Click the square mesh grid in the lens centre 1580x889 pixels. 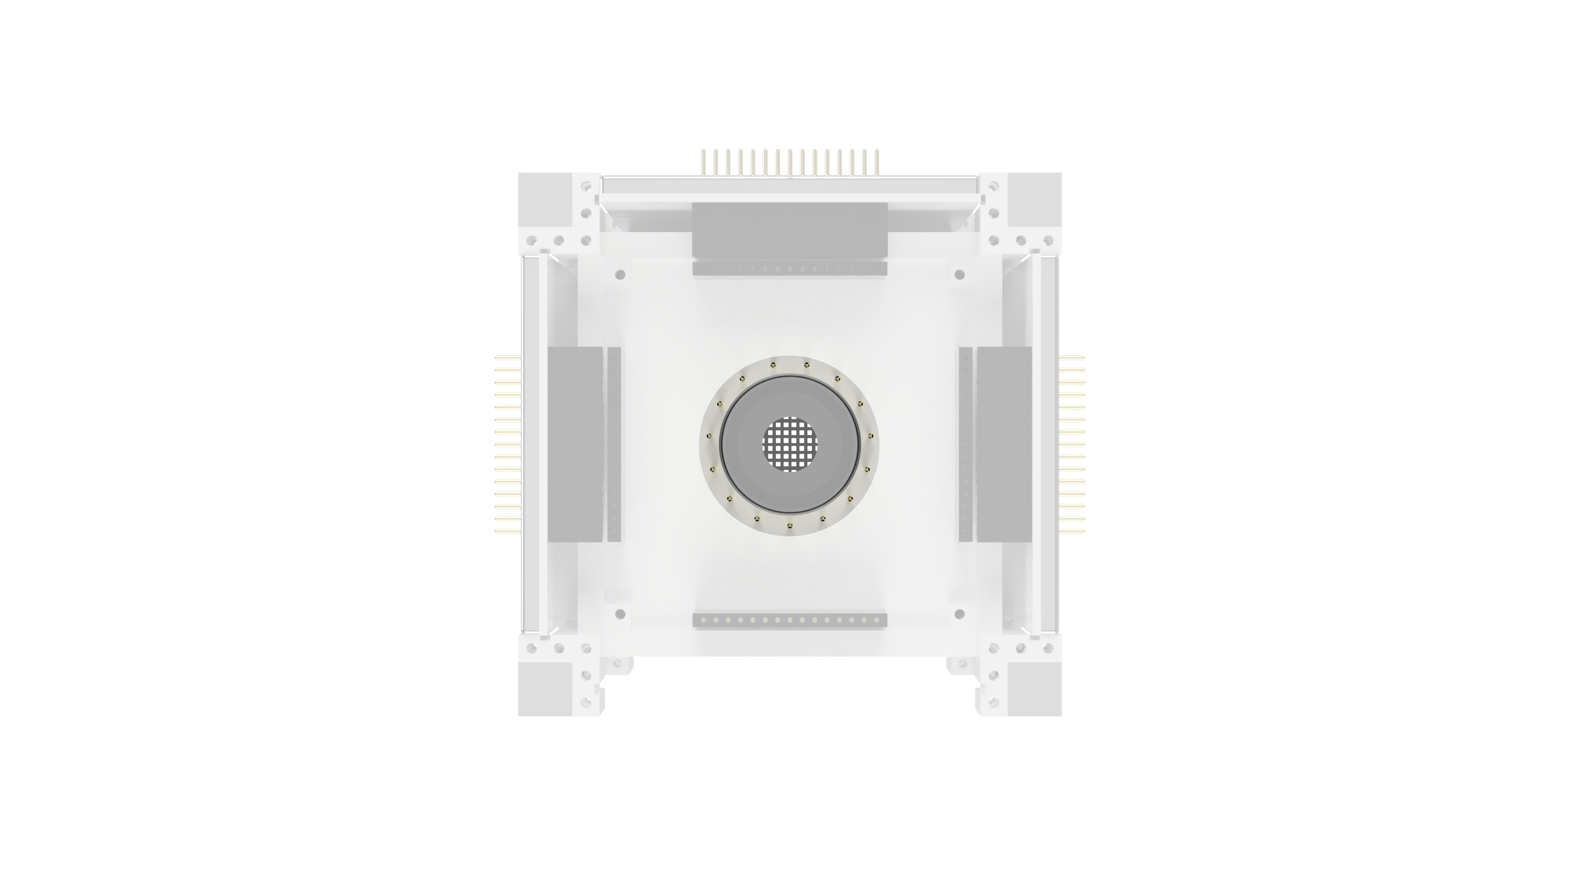(x=790, y=444)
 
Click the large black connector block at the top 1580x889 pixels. (x=790, y=230)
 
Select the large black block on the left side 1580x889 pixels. (x=575, y=444)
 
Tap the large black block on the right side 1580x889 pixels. (x=1004, y=444)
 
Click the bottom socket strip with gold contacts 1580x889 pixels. (x=790, y=620)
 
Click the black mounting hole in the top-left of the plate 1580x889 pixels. (x=620, y=274)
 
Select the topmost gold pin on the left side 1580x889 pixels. (x=508, y=356)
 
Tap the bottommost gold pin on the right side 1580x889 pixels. (x=1072, y=531)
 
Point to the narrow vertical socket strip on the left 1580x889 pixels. (x=614, y=444)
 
